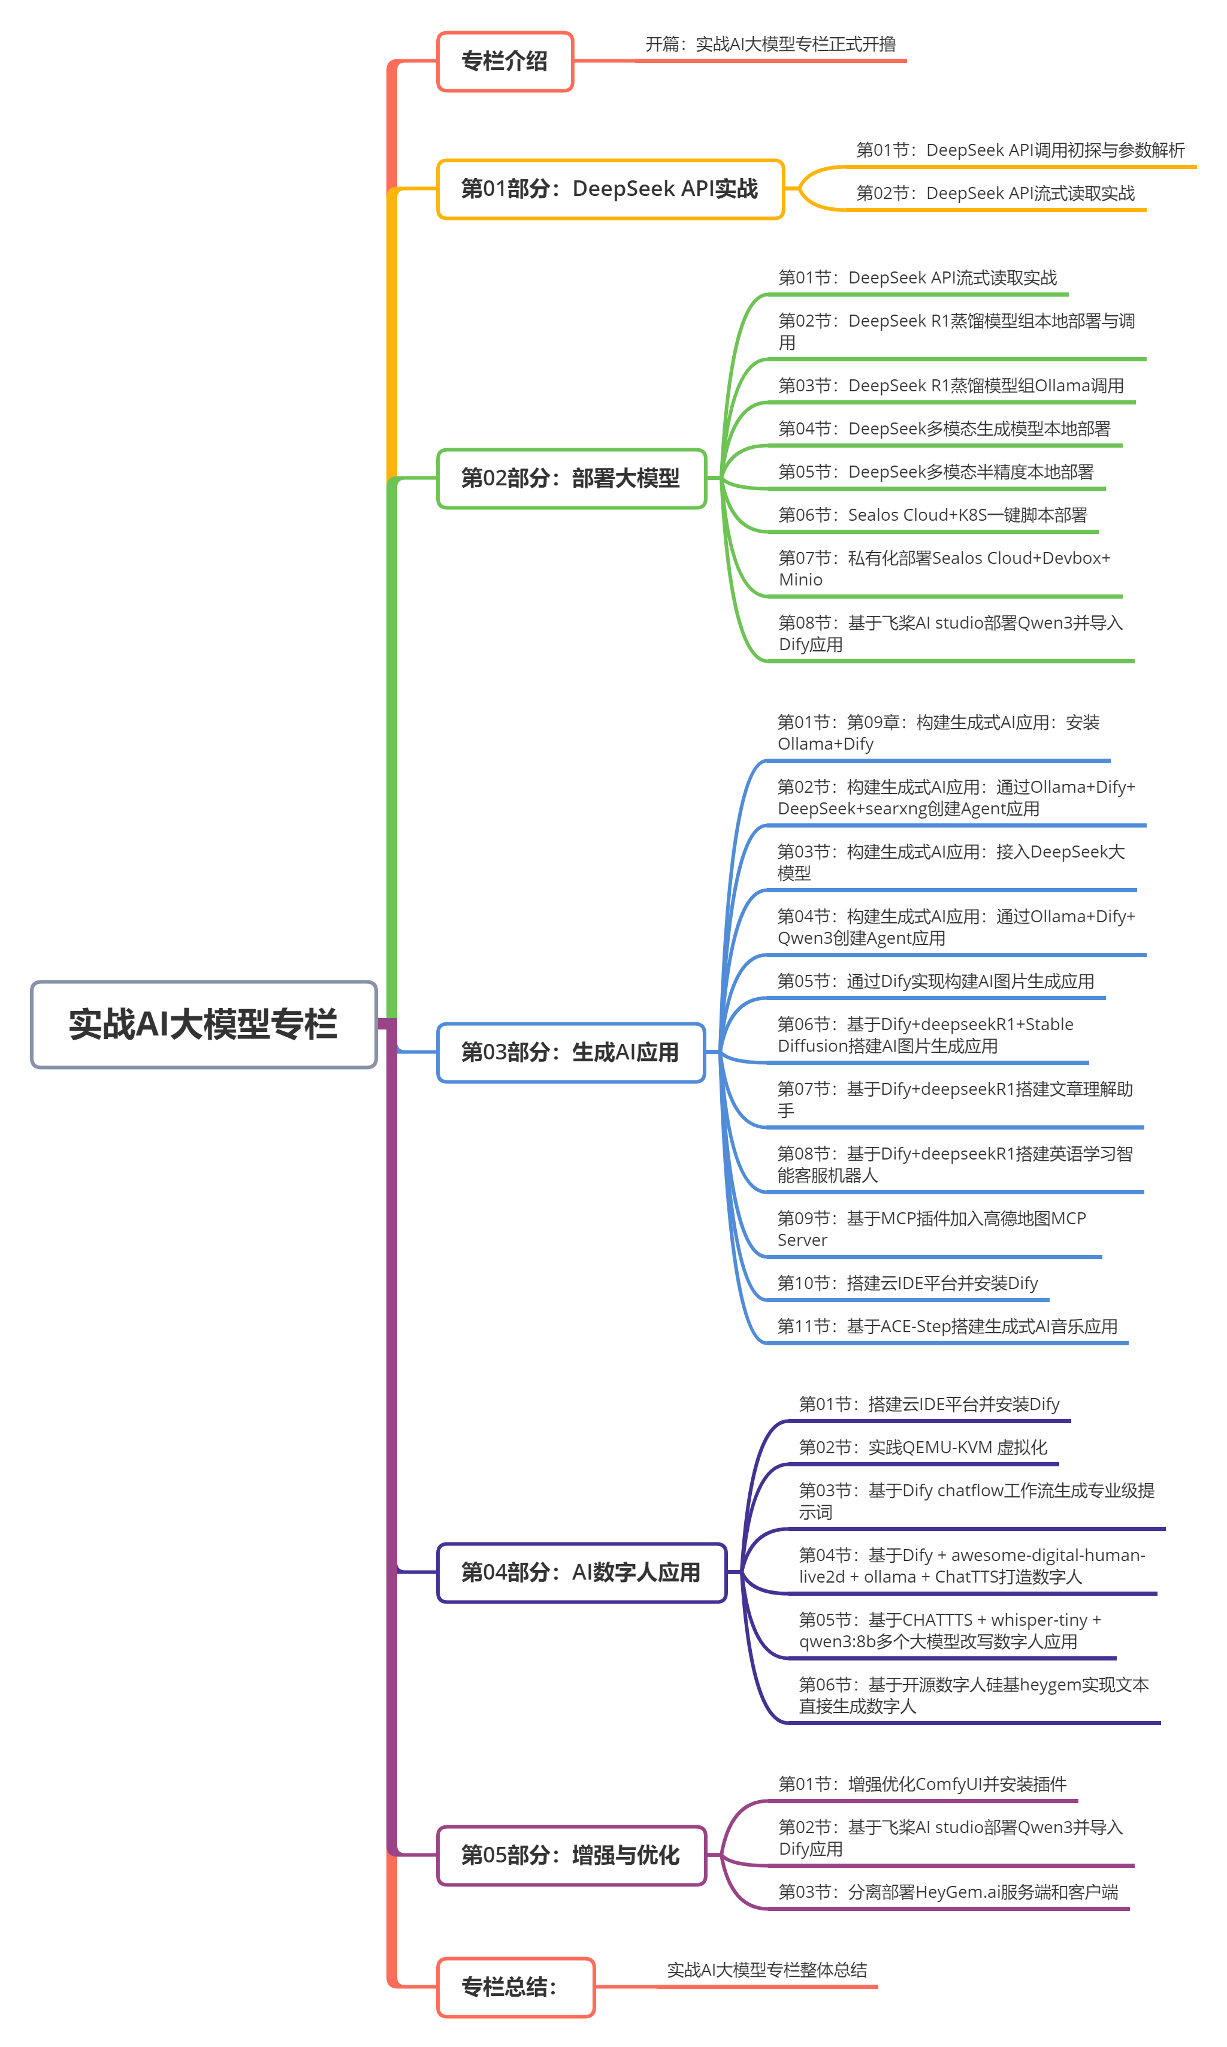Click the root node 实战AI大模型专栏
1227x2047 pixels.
203,1024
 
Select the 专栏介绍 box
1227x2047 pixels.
504,61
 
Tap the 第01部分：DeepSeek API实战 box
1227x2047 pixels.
609,189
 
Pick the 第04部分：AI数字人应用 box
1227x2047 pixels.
581,1572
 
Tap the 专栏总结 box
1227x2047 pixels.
515,1986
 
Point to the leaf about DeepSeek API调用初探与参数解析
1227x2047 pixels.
1020,150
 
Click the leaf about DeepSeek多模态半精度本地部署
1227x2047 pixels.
935,472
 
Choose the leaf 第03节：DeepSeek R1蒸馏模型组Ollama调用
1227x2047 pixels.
951,386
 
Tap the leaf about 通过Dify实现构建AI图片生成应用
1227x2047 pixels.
935,982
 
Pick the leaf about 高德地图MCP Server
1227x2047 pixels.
931,1228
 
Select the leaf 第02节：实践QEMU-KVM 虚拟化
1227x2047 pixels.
923,1447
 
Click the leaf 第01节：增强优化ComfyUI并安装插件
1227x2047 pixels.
922,1784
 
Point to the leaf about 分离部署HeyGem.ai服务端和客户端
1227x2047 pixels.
948,1892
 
